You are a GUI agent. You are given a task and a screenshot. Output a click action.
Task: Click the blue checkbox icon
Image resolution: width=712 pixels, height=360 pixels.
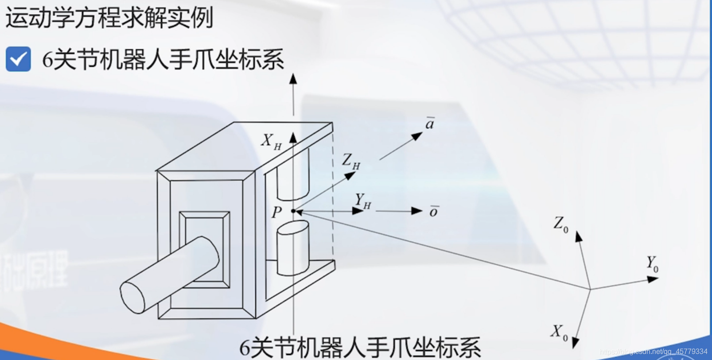tap(18, 59)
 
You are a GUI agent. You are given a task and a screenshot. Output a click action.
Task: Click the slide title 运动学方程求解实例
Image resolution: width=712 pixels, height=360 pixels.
tap(109, 18)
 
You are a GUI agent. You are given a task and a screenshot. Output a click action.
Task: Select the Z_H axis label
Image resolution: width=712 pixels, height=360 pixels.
tap(350, 162)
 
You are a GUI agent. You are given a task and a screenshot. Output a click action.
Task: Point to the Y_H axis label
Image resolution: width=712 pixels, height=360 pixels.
tap(362, 201)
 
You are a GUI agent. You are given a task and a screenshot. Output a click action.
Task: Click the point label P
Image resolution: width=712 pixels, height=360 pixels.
tap(277, 213)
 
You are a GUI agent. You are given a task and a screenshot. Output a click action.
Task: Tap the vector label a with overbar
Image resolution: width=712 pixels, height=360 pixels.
tap(429, 124)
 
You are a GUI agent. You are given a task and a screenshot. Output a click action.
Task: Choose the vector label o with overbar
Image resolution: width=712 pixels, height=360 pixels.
tap(434, 212)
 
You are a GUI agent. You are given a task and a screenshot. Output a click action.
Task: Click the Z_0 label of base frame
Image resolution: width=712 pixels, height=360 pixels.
tap(560, 224)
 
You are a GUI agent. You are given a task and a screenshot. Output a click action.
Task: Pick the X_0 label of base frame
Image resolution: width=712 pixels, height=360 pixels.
tap(559, 332)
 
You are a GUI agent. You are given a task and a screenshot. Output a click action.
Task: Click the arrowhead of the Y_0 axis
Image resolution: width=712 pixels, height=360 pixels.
tap(653, 279)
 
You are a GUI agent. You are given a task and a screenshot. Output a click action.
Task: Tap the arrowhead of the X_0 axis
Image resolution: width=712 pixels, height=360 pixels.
tap(575, 342)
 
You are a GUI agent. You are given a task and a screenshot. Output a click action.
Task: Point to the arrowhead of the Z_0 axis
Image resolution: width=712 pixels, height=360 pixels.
tap(578, 236)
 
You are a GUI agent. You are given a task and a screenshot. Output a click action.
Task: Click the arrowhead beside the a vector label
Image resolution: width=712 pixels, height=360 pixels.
tap(416, 136)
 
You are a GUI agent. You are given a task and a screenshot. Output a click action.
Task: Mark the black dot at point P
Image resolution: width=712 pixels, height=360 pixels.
tap(293, 211)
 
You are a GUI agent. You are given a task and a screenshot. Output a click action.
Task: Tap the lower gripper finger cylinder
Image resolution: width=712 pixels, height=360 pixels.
tap(292, 248)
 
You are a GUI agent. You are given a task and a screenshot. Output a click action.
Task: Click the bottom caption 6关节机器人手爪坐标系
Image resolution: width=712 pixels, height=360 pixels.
tap(360, 348)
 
